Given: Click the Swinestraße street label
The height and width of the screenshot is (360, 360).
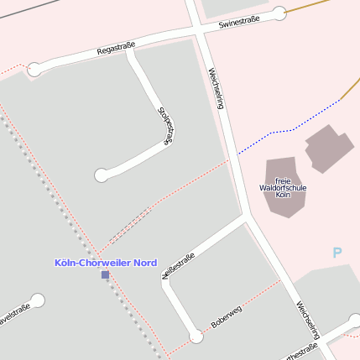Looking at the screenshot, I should click(x=239, y=22).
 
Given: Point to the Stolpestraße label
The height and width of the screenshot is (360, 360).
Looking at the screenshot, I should click(x=164, y=128).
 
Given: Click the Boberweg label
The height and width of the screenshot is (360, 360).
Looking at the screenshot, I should click(x=226, y=316).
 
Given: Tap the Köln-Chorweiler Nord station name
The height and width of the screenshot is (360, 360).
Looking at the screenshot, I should click(x=106, y=263).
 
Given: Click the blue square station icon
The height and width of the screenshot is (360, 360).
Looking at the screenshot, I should click(x=105, y=274).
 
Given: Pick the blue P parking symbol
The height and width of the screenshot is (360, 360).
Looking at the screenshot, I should click(x=337, y=253).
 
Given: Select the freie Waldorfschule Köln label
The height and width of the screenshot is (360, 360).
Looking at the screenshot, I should click(x=283, y=187).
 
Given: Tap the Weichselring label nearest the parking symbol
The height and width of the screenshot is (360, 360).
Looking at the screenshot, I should click(x=307, y=324).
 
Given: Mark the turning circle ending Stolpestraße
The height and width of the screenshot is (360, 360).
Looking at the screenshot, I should click(x=102, y=175).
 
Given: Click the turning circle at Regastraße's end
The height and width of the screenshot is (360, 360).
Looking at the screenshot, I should click(x=34, y=70).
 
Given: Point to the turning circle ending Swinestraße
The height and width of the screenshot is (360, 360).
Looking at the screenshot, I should click(x=279, y=13).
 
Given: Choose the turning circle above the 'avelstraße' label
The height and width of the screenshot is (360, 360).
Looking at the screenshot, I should click(x=37, y=300).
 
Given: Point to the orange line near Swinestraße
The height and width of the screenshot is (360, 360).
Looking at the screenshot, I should click(x=312, y=7).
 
